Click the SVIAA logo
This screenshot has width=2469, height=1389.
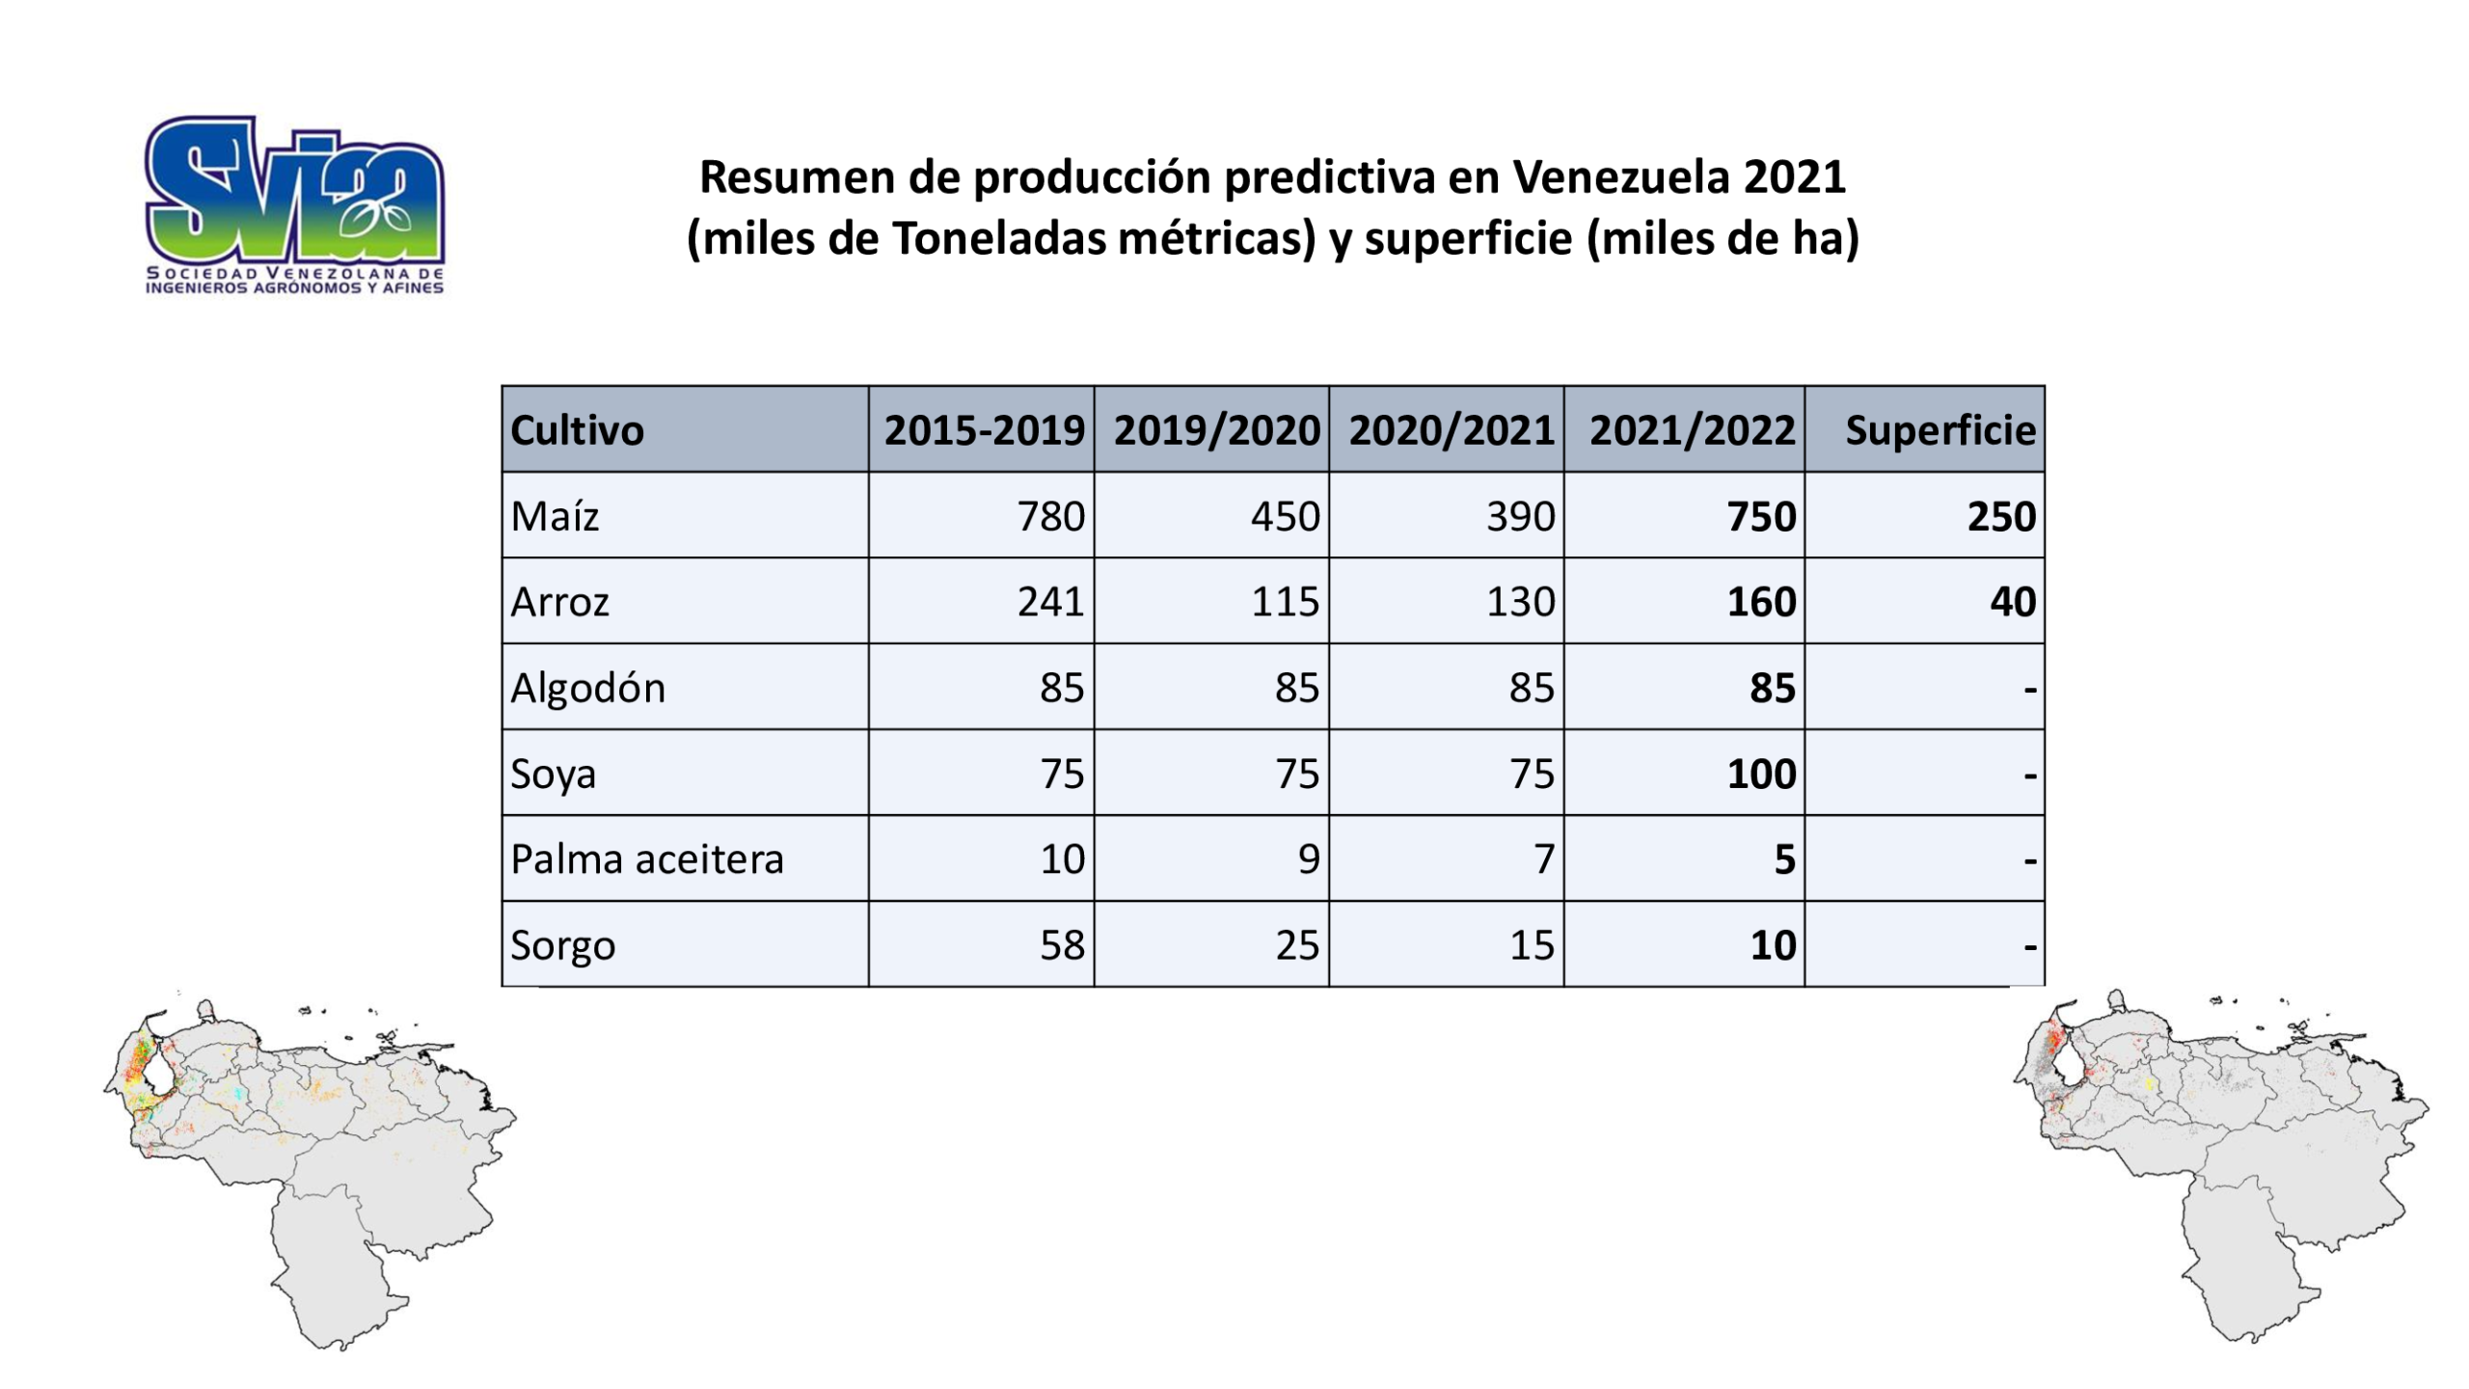294,204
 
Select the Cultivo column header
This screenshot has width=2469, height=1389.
577,430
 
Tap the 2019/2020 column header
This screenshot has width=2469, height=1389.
1216,430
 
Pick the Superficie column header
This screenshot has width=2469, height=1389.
1940,430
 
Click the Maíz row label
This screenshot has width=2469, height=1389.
555,516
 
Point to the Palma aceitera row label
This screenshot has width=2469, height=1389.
647,859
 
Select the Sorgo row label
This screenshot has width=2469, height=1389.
562,946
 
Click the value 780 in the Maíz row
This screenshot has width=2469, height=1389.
1050,516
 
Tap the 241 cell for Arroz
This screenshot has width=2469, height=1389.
1050,602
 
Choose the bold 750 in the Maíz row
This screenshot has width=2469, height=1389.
1761,516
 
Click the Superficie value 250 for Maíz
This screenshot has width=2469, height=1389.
2001,516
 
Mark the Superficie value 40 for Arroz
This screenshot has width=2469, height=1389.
2013,602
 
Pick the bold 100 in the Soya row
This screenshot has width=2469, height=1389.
1761,774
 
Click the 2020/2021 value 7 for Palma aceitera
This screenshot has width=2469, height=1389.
1544,859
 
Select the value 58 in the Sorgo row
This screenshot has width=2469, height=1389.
1062,945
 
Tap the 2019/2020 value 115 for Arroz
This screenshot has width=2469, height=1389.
1285,602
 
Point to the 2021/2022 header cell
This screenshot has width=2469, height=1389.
1684,429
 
